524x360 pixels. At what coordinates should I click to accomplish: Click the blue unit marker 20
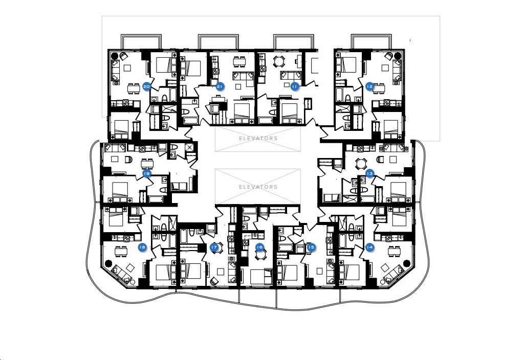tap(146, 86)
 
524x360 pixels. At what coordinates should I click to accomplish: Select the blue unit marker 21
tap(219, 86)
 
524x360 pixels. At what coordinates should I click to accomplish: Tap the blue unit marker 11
tap(294, 86)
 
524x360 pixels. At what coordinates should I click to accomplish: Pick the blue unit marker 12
tap(369, 86)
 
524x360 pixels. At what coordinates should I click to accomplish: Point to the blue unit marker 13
tap(369, 173)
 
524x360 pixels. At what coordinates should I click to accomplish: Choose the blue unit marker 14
tap(369, 247)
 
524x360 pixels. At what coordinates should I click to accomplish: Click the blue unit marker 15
tap(311, 247)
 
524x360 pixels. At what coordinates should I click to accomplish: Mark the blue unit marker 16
tap(259, 247)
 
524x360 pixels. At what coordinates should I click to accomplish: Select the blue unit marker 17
tap(214, 247)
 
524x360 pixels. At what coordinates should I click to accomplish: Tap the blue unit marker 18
tap(142, 247)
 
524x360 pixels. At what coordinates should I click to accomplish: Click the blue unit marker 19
tap(146, 173)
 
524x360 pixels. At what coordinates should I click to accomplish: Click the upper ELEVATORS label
tap(258, 138)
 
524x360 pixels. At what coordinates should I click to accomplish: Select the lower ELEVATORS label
tap(258, 187)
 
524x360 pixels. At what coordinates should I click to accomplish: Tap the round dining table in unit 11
tap(278, 61)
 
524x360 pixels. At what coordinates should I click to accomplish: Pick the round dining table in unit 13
tap(361, 163)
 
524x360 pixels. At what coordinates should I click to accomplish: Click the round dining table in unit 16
tap(260, 255)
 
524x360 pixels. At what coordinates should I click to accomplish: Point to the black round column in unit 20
tap(114, 55)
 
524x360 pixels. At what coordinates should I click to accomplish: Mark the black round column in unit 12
tap(398, 55)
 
